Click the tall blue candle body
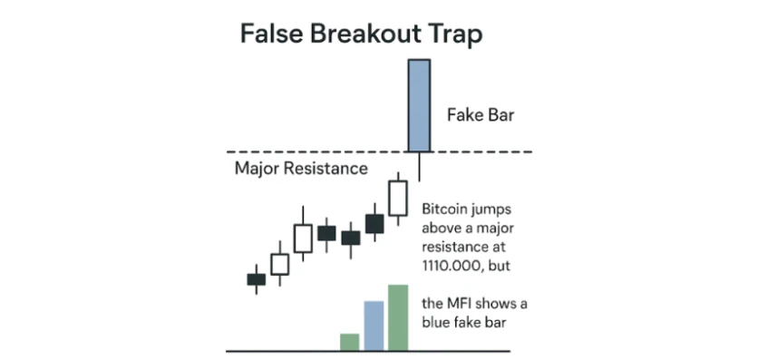(x=419, y=105)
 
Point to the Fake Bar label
(x=480, y=115)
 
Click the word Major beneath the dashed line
(x=256, y=170)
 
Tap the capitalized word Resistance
(x=325, y=169)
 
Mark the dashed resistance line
(x=380, y=151)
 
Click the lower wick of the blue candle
(x=419, y=167)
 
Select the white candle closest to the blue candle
(x=399, y=198)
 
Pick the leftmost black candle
(x=257, y=279)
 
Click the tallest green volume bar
(x=398, y=317)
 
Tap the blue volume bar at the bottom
(x=374, y=326)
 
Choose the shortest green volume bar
(x=350, y=342)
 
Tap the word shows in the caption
(x=498, y=304)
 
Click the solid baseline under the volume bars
(x=368, y=351)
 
